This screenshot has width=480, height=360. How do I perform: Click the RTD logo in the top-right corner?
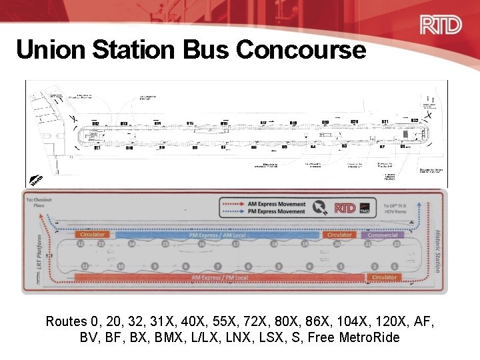click(x=440, y=25)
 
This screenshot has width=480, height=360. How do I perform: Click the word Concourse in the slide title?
click(x=301, y=49)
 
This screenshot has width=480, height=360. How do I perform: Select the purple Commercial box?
click(x=383, y=235)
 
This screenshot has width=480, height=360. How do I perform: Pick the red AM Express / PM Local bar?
click(x=220, y=277)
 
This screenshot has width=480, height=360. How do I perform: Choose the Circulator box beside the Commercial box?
click(x=339, y=235)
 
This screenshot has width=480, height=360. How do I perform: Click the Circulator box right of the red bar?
click(x=384, y=277)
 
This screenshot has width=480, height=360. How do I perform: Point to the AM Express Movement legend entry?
click(x=276, y=204)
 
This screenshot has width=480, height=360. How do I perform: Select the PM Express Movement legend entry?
click(x=276, y=211)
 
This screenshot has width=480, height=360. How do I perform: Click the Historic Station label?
click(x=438, y=251)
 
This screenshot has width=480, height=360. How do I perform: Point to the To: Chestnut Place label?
click(x=38, y=202)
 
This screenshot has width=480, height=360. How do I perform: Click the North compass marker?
click(x=37, y=179)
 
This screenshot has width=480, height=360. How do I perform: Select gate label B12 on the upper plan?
click(x=95, y=124)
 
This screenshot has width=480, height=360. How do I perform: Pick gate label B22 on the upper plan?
click(x=414, y=120)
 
